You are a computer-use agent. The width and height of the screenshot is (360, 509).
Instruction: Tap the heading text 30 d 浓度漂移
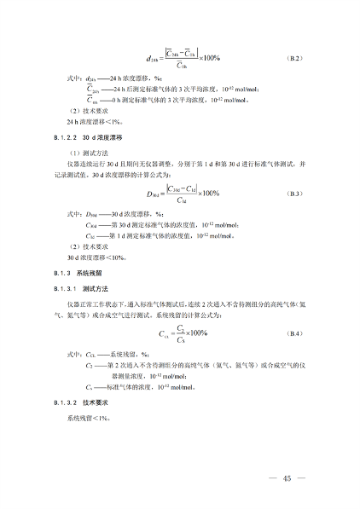click(102, 136)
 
